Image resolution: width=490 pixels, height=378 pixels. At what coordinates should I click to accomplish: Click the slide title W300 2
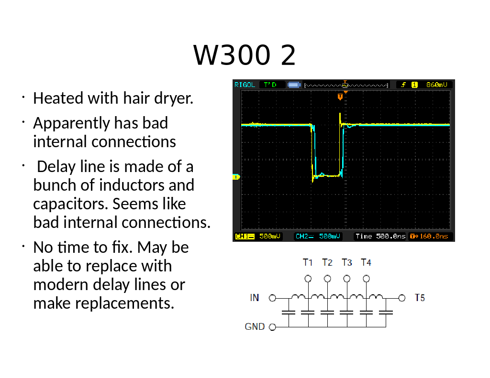click(x=244, y=55)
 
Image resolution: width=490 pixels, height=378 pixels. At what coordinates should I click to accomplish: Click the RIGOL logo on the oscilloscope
click(x=245, y=85)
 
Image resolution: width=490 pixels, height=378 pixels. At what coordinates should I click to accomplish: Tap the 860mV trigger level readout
click(x=436, y=85)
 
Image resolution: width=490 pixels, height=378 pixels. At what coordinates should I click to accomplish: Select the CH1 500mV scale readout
click(x=257, y=236)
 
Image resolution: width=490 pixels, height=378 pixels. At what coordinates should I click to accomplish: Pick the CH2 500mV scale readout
click(x=318, y=236)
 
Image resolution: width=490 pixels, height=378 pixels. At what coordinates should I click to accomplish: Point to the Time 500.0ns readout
click(x=380, y=236)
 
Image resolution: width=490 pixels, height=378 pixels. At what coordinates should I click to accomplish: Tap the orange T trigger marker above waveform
click(x=340, y=97)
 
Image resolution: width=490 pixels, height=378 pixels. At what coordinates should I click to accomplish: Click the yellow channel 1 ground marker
click(x=236, y=177)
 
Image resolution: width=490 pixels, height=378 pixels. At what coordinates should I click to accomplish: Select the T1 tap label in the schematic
click(x=308, y=262)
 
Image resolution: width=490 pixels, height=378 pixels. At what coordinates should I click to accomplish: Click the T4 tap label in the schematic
click(x=366, y=262)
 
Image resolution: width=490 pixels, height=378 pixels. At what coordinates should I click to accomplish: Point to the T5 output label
click(x=420, y=298)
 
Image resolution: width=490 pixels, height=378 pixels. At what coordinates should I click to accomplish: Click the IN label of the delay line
click(x=255, y=298)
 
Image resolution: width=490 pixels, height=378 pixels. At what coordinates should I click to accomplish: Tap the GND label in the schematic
click(x=255, y=326)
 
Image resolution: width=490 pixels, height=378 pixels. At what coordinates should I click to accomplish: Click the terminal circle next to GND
click(x=272, y=327)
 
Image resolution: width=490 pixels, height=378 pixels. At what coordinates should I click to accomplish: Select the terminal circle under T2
click(x=327, y=279)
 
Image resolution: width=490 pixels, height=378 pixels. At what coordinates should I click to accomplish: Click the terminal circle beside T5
click(x=402, y=298)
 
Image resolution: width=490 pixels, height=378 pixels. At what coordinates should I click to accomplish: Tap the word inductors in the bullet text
click(x=132, y=185)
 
